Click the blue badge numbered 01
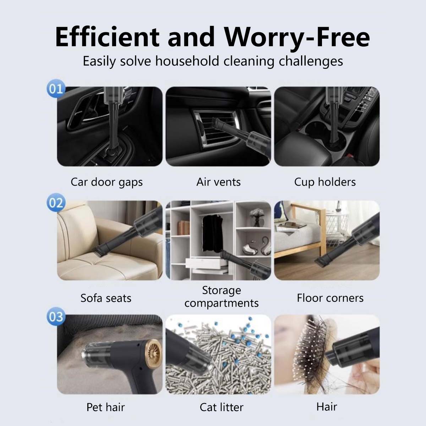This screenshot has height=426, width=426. (56, 89)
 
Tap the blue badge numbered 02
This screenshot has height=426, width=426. (56, 203)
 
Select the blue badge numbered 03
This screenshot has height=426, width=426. (56, 317)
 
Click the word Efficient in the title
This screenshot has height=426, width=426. (107, 37)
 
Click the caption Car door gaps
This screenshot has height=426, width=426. (106, 182)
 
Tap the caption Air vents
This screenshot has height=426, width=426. (218, 182)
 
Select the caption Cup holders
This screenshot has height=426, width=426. (325, 182)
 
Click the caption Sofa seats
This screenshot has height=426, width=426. (106, 298)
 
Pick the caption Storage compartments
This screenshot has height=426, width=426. (222, 297)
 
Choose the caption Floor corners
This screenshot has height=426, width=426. (330, 298)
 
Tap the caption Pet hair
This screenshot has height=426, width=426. (106, 407)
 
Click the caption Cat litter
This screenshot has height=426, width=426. (222, 407)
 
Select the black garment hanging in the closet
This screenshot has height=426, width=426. (212, 234)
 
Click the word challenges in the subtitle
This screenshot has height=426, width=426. (311, 61)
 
